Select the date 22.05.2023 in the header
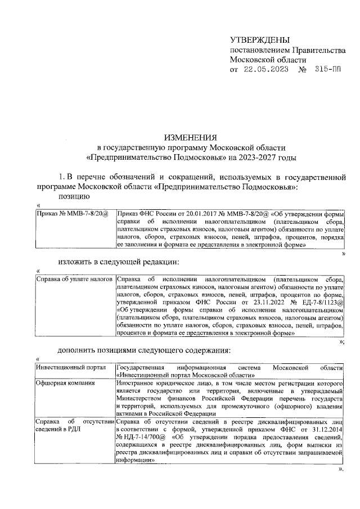266,70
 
